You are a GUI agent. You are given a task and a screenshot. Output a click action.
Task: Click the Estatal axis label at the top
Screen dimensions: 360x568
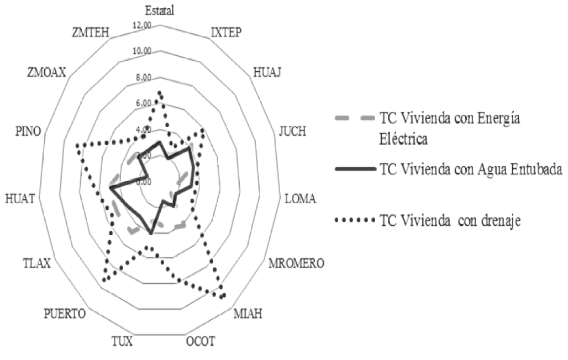159,10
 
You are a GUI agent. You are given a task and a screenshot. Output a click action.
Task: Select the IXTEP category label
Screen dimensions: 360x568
226,33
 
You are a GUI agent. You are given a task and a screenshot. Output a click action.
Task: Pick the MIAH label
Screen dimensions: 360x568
248,314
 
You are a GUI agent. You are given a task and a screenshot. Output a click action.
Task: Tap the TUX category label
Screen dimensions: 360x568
121,341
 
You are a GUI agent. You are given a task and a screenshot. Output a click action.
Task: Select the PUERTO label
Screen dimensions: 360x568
65,314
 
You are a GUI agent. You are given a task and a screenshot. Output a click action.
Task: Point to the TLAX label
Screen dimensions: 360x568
38,262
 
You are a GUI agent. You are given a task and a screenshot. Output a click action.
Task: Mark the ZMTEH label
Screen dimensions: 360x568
91,32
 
